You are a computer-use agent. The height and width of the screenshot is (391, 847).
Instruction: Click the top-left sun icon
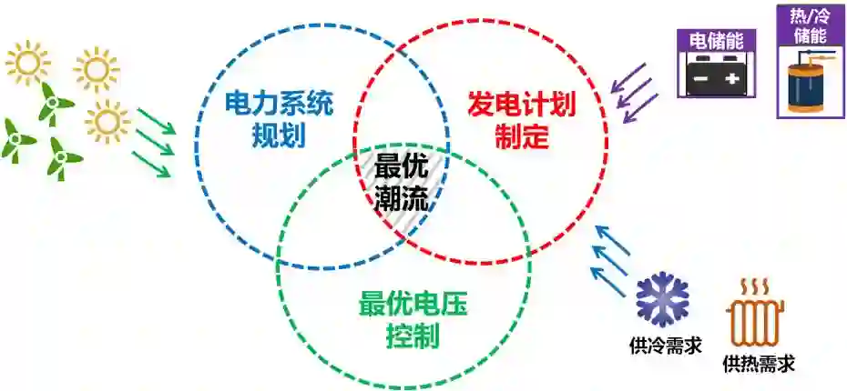tap(26, 62)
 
